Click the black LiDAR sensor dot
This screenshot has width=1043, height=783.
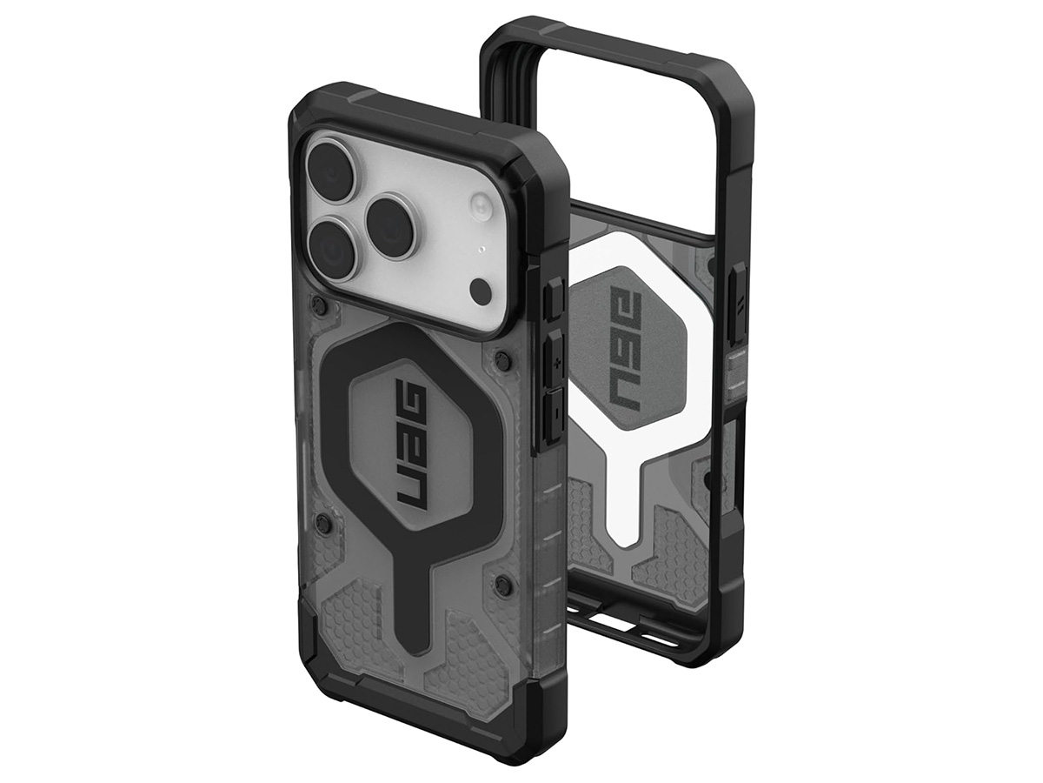pos(481,289)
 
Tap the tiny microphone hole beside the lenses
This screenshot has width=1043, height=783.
pos(482,249)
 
